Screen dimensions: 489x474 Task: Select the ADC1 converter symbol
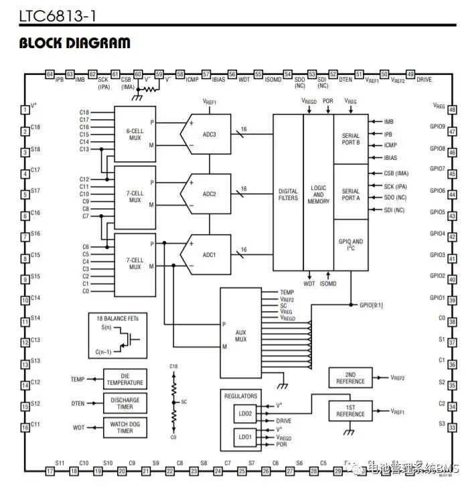tap(207, 255)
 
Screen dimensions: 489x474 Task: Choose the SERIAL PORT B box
tap(351, 139)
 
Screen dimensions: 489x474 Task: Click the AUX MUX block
tap(241, 335)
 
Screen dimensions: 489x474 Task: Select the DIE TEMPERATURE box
tap(125, 379)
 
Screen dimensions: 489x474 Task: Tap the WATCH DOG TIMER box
tap(125, 427)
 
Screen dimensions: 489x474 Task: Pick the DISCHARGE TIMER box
tap(125, 403)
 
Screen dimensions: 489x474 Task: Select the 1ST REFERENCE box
tap(350, 411)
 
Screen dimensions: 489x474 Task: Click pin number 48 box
tap(452, 110)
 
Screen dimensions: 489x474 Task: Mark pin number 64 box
tap(50, 74)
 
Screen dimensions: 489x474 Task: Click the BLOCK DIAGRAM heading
tap(74, 43)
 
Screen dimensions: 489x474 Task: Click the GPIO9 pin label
tap(437, 126)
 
